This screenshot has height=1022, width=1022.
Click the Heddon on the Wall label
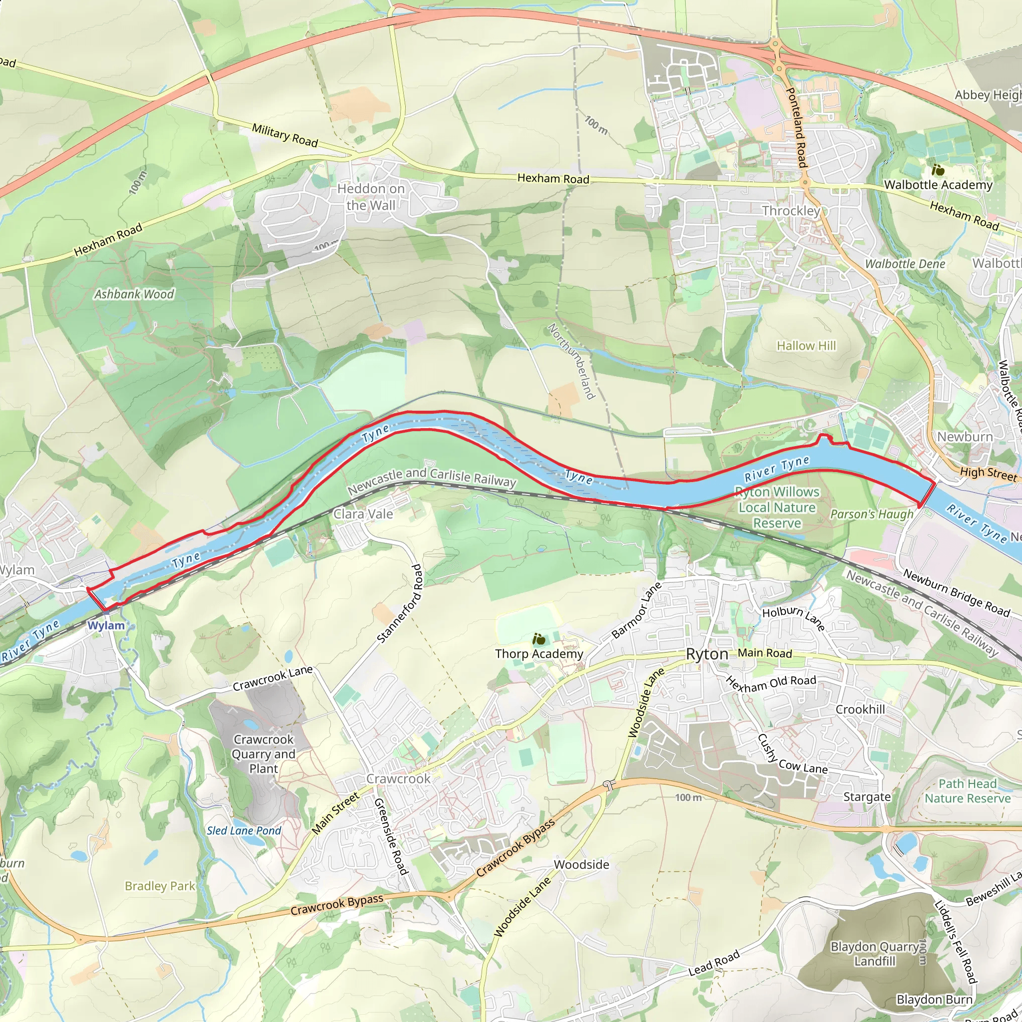point(371,197)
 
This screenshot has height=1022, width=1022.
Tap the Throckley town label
point(790,211)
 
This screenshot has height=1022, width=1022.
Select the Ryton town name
point(707,654)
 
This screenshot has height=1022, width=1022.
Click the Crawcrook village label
point(398,778)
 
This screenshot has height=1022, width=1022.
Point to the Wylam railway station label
point(106,625)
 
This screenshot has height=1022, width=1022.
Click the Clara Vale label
point(363,513)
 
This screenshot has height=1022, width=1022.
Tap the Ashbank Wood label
point(134,294)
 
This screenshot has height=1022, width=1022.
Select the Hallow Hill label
point(806,345)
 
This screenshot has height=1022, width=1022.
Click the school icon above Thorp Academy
point(538,639)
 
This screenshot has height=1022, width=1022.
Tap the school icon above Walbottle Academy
point(938,170)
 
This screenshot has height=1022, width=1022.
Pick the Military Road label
point(284,135)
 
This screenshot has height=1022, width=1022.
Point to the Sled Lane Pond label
point(244,830)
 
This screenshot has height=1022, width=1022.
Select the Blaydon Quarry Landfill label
point(874,954)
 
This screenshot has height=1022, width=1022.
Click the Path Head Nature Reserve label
point(968,791)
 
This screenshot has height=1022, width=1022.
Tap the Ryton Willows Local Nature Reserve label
point(777,508)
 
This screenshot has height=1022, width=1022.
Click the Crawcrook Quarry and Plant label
point(263,754)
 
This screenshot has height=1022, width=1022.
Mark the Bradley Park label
point(160,886)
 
